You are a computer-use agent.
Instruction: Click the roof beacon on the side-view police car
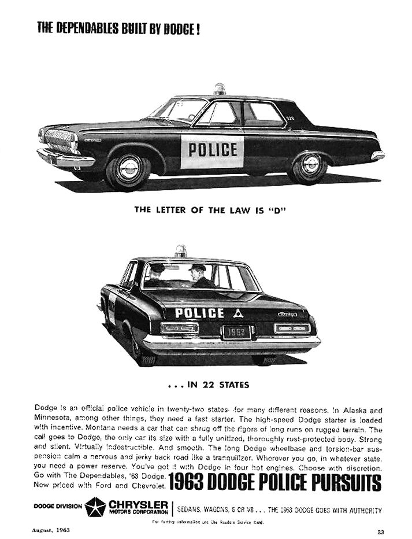point(219,90)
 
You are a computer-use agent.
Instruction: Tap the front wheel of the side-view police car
point(128,169)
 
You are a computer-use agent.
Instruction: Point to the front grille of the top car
point(58,141)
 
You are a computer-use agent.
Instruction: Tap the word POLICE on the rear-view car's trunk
point(199,313)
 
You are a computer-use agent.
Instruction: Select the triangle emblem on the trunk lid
point(237,313)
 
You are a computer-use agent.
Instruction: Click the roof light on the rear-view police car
point(181,251)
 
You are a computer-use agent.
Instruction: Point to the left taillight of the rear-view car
point(179,328)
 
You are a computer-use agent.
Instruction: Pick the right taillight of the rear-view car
point(292,328)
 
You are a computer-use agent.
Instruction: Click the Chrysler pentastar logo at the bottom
point(95,507)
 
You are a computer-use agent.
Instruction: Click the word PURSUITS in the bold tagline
point(342,482)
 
